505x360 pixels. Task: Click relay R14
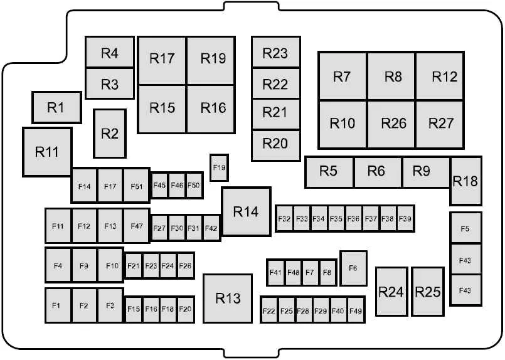[247, 211]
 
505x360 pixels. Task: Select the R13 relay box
[228, 298]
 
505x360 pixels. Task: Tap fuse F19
[220, 167]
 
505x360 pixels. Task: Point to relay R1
[56, 107]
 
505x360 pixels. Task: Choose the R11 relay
[47, 152]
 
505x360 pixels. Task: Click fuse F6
[353, 268]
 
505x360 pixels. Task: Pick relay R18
[465, 181]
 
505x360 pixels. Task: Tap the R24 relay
[391, 292]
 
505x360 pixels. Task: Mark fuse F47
[137, 226]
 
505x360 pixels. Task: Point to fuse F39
[405, 219]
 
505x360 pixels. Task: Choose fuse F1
[58, 305]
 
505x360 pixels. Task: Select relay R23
[275, 52]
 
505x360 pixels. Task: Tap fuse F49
[356, 310]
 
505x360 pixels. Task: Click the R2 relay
[110, 134]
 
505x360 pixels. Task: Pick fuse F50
[194, 185]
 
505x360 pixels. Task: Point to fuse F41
[275, 272]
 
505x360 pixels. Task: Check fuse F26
[186, 266]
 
